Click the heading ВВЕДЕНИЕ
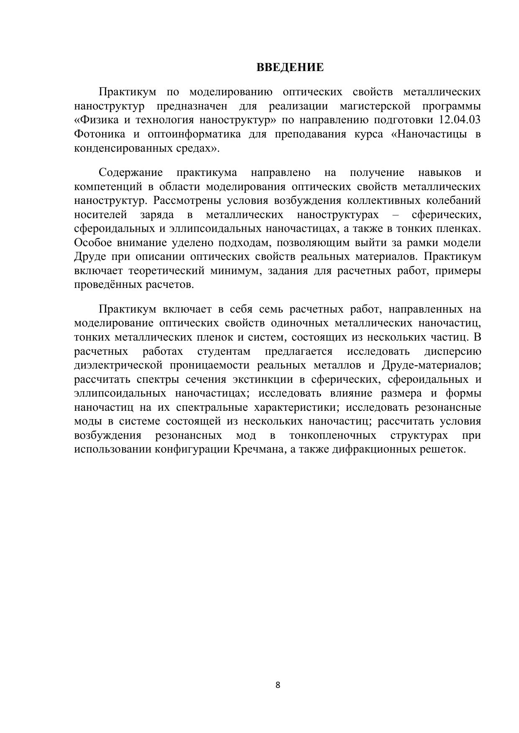(290, 68)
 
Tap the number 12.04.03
(460, 120)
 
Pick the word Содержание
(130, 173)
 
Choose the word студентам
(224, 351)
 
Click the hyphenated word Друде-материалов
(431, 365)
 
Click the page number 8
(278, 685)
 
